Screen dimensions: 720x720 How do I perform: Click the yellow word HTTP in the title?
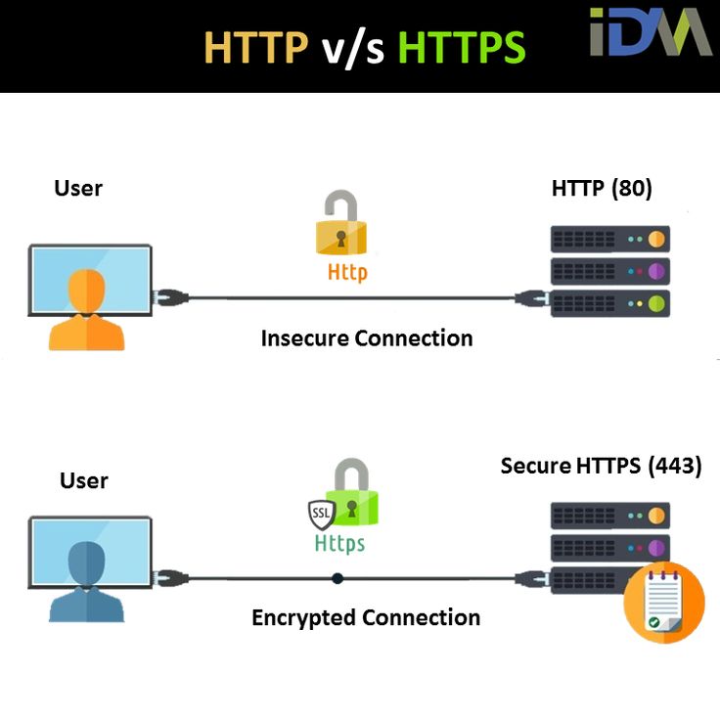[255, 47]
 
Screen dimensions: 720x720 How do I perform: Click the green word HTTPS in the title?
[462, 47]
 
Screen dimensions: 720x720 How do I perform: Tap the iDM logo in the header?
[650, 31]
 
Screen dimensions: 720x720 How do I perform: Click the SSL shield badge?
[321, 513]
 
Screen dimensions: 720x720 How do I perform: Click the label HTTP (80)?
[602, 188]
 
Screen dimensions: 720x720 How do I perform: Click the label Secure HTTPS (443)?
[601, 466]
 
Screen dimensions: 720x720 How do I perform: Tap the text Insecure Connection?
[367, 338]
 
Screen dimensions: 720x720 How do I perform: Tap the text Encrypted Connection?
[366, 618]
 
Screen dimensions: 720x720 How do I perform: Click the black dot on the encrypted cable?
[337, 578]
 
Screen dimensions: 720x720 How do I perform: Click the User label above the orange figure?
[78, 188]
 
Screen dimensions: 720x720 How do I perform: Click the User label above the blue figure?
[84, 480]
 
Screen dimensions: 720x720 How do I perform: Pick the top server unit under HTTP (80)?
[609, 239]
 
